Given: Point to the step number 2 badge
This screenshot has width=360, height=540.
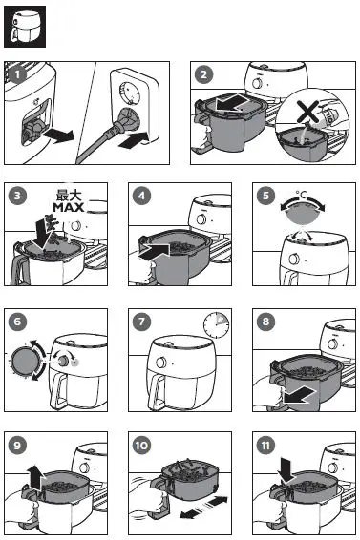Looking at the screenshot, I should (203, 73).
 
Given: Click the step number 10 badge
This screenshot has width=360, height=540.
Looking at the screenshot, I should (141, 446).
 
